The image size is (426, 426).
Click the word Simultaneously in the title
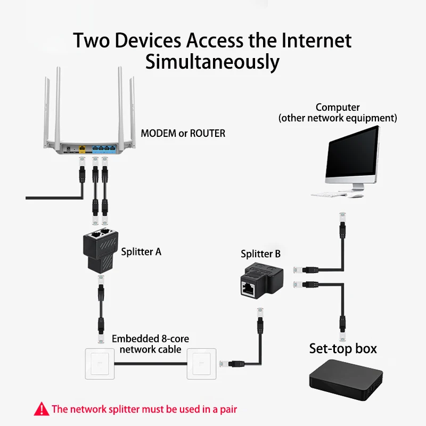tap(212, 62)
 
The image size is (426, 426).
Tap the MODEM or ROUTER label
tap(183, 133)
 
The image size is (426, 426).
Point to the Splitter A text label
tap(141, 251)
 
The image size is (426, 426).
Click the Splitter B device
tap(258, 282)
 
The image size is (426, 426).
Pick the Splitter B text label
tap(260, 254)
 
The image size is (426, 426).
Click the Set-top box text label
tap(343, 349)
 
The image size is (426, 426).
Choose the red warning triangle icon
tap(41, 409)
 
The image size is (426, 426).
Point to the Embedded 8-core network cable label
tap(150, 344)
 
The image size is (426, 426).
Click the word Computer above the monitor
tap(338, 108)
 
